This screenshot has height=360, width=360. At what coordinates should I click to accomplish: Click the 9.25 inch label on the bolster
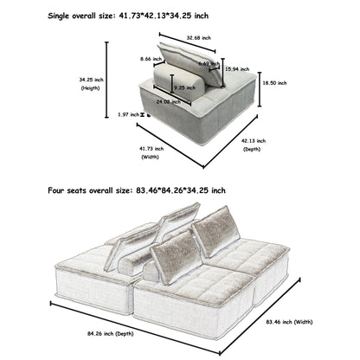(183, 87)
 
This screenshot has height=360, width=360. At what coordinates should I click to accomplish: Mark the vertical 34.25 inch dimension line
(109, 81)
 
